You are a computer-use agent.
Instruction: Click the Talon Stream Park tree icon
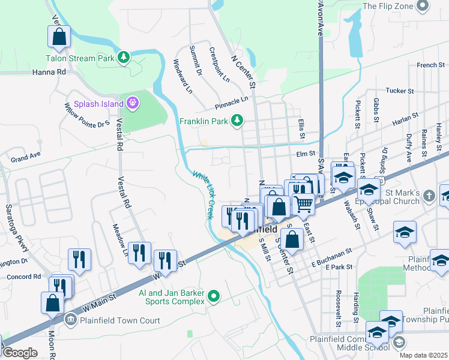(124, 58)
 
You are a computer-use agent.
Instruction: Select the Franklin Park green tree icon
(237, 121)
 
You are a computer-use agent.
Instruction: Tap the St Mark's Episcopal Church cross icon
(429, 196)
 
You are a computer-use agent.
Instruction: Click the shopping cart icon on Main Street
(303, 204)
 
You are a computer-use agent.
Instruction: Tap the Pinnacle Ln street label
(231, 103)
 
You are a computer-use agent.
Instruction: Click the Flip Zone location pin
(423, 6)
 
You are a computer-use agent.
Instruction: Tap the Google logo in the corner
(20, 353)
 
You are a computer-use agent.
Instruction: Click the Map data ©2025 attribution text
(423, 355)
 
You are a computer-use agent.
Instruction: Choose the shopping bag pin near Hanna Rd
(59, 37)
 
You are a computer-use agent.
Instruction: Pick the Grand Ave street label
(25, 158)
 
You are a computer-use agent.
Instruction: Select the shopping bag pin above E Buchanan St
(292, 239)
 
